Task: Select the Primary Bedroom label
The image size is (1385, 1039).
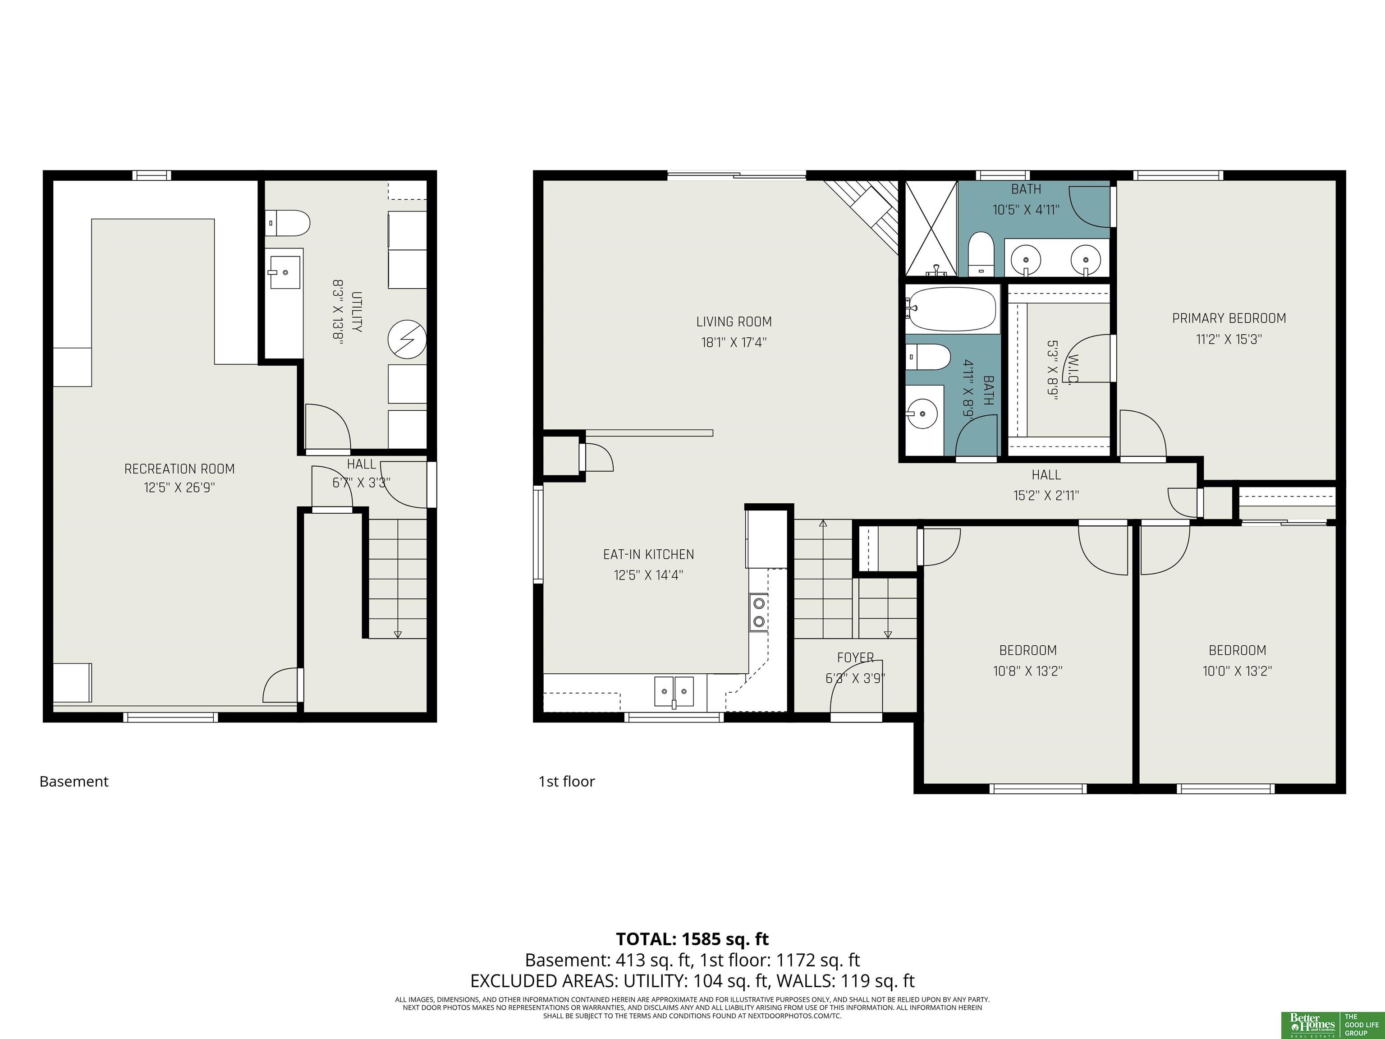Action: click(1229, 318)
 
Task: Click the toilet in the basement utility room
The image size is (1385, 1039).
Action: click(287, 223)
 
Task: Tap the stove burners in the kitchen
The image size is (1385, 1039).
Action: click(759, 612)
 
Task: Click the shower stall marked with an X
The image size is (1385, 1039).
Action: click(931, 228)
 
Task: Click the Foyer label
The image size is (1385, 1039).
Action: click(855, 657)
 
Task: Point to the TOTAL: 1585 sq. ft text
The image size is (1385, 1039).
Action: click(692, 939)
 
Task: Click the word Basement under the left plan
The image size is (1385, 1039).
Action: click(74, 782)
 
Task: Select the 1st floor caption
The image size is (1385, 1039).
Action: click(567, 782)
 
